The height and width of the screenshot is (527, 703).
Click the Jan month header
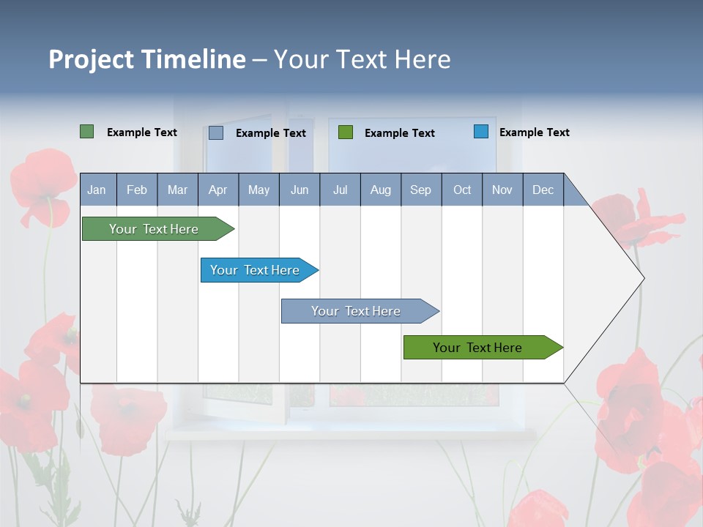(97, 190)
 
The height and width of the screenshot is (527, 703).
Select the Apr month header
(217, 190)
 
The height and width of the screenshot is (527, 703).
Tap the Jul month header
(340, 190)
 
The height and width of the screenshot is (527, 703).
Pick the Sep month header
(420, 190)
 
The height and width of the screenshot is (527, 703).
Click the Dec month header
(543, 190)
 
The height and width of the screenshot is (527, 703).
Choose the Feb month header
(137, 190)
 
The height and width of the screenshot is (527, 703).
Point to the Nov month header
(502, 190)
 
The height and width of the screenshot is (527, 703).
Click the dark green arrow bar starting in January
(154, 229)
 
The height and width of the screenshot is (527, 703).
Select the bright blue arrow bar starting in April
(255, 270)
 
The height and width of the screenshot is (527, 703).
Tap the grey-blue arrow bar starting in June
(356, 311)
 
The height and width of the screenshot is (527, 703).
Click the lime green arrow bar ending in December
(477, 348)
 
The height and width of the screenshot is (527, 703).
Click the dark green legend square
(87, 132)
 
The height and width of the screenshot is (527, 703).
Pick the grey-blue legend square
(216, 132)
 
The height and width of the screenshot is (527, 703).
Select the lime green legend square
(346, 132)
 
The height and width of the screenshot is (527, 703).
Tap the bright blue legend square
(481, 132)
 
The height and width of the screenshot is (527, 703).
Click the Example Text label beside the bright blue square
(534, 132)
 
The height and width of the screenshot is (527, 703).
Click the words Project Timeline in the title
(146, 59)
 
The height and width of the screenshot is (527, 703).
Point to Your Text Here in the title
(362, 59)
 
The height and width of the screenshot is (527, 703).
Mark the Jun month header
(300, 190)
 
